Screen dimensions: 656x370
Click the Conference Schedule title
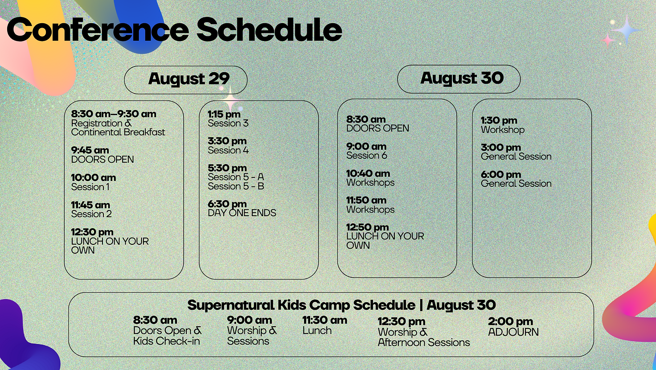[174, 29]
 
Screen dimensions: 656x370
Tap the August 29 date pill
[186, 80]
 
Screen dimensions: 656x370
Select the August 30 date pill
[459, 79]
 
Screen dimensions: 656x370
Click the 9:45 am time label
[90, 150]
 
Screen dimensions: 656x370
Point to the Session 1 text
[90, 187]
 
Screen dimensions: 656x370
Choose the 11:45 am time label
[90, 205]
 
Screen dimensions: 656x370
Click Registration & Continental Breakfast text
[118, 128]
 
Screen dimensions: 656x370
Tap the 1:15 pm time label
[224, 114]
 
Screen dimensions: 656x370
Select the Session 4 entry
[228, 150]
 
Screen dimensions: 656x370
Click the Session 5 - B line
[236, 186]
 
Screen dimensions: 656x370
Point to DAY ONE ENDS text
[242, 213]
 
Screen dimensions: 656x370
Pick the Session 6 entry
[367, 155]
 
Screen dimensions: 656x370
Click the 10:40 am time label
[368, 173]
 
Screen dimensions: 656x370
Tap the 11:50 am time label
[366, 201]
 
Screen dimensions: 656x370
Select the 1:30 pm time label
[499, 120]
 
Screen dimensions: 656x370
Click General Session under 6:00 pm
[516, 183]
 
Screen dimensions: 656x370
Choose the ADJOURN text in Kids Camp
[513, 332]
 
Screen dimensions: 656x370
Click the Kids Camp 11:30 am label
[325, 320]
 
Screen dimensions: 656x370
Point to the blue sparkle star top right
[627, 30]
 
